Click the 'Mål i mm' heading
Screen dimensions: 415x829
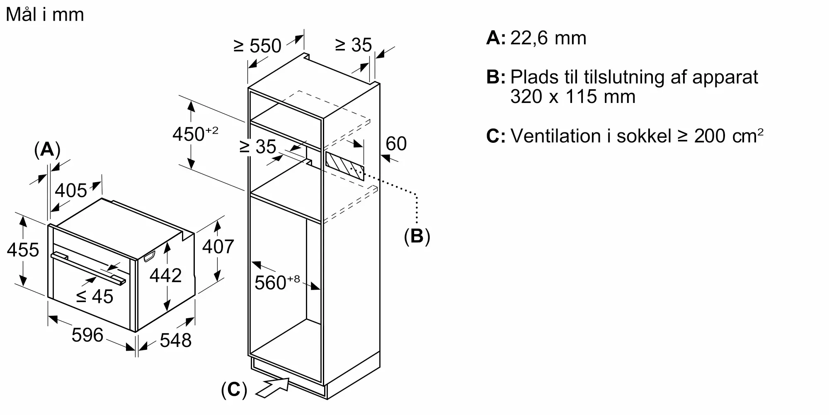point(45,15)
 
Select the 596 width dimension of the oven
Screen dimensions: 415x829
point(87,335)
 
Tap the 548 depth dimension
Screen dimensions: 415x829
point(175,340)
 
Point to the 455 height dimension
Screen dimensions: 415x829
point(23,250)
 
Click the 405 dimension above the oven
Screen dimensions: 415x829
point(71,190)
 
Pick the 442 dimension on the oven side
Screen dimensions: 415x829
point(165,276)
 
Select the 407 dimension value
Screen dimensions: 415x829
point(218,247)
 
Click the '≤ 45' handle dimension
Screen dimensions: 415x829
point(95,296)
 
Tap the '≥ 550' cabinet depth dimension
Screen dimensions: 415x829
point(257,46)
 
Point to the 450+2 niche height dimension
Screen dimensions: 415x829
point(195,134)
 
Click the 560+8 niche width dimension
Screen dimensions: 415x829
point(276,283)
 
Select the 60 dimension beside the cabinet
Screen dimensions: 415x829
point(396,144)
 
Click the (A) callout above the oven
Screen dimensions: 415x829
point(47,150)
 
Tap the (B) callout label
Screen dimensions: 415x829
point(417,236)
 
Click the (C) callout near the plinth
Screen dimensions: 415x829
point(234,390)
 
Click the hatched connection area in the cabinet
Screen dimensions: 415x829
point(344,166)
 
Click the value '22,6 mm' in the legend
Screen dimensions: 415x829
point(548,38)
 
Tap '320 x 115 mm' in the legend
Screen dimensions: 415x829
point(572,97)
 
